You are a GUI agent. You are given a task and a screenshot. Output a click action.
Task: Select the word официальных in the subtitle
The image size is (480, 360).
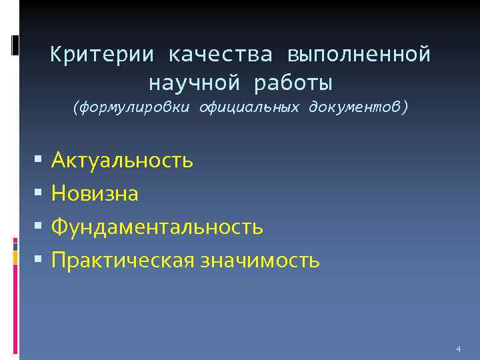(250, 107)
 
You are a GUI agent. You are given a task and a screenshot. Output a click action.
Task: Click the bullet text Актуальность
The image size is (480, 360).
(123, 160)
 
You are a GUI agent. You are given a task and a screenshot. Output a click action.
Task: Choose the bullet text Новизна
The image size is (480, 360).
(95, 193)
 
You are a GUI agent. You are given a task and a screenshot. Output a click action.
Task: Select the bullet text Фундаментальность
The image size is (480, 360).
(157, 227)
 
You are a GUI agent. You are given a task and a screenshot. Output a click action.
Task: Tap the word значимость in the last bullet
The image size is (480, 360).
(257, 260)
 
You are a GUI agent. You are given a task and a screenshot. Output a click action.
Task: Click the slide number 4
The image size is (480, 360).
(458, 349)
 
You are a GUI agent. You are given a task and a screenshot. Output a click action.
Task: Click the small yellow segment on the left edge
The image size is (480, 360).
(15, 257)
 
